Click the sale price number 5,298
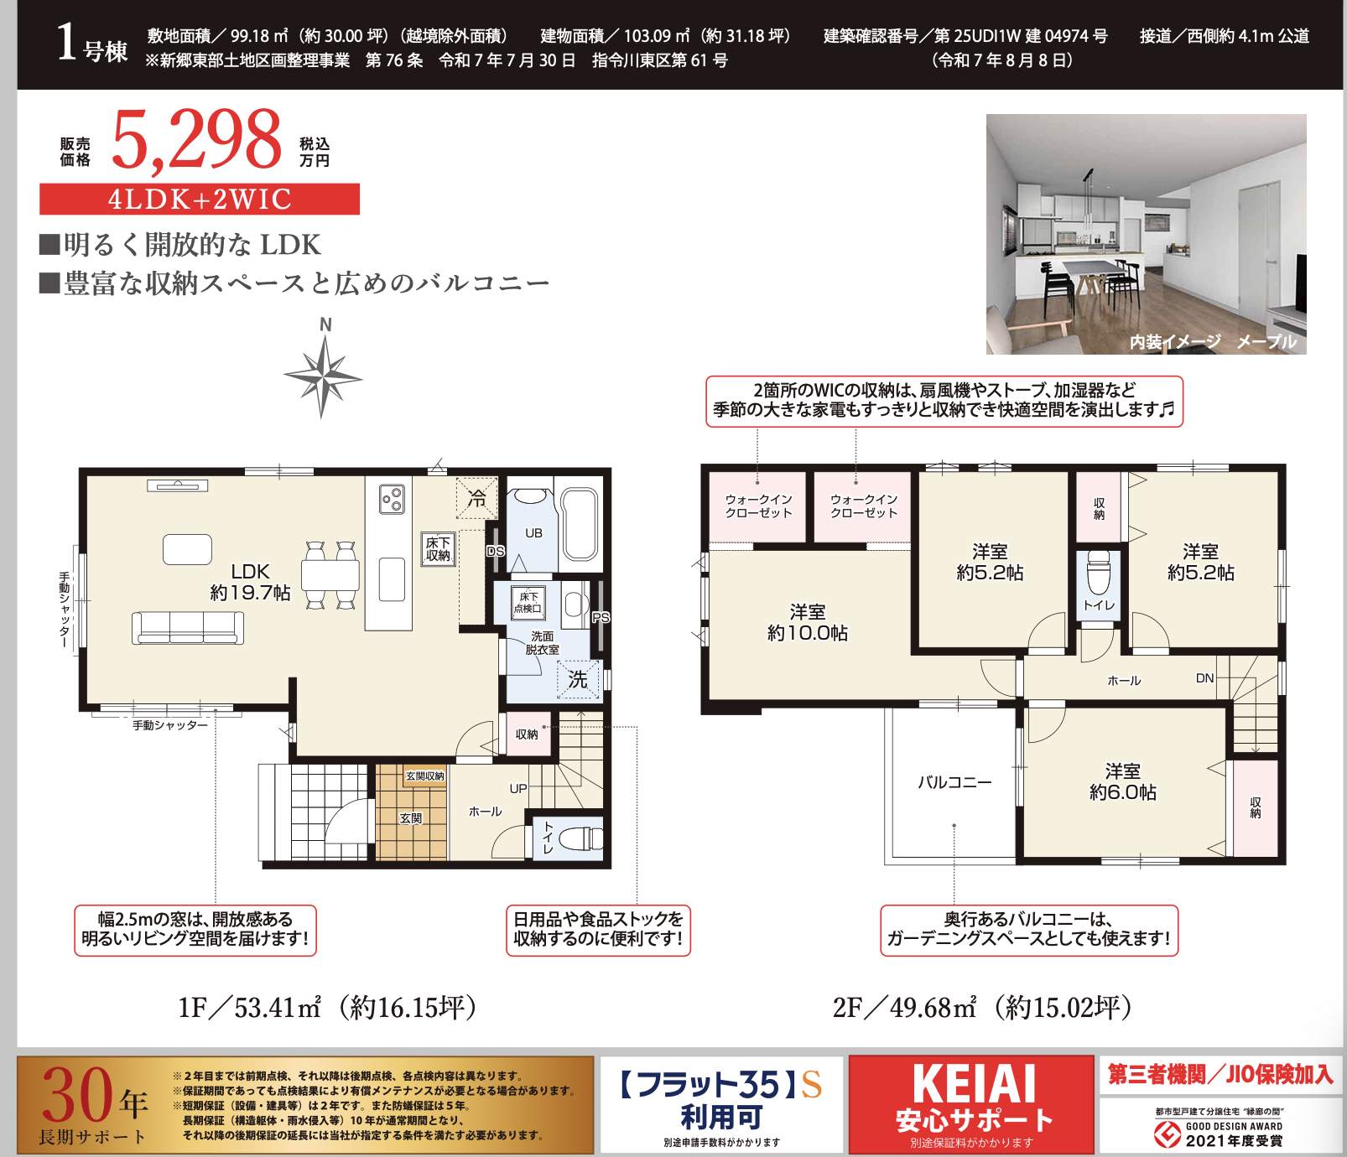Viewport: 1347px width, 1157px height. [196, 141]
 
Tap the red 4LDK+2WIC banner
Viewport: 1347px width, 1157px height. [200, 200]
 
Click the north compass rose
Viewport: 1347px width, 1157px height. [323, 375]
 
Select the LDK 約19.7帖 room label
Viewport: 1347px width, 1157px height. [250, 582]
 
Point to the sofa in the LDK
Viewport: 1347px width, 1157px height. [188, 627]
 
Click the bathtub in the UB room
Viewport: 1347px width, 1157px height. [579, 524]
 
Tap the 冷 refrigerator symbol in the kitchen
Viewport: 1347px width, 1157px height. [477, 499]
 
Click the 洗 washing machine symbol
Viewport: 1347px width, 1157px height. [579, 679]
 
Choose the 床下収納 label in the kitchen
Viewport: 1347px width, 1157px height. [438, 549]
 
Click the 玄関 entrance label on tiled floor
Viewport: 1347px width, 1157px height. [411, 818]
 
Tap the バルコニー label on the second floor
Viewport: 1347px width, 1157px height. [954, 782]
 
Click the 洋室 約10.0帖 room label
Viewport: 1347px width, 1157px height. [807, 622]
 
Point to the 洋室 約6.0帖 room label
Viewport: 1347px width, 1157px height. [1122, 781]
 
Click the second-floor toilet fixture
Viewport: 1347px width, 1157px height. [1099, 573]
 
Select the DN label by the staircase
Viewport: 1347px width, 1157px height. [1204, 678]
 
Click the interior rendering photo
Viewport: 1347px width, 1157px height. [1146, 234]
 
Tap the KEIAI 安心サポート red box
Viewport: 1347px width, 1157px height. [971, 1103]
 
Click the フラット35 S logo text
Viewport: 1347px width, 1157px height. [721, 1086]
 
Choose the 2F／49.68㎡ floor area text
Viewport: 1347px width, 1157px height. [982, 1007]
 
